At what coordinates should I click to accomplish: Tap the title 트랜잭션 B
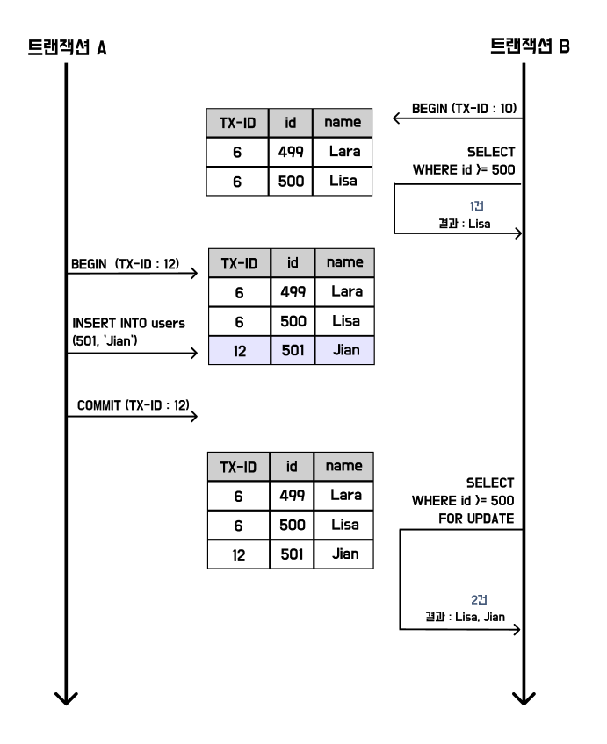[530, 46]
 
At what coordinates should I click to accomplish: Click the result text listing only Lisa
[465, 224]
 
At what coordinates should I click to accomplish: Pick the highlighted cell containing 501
[292, 352]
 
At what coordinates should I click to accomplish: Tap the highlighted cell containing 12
[238, 352]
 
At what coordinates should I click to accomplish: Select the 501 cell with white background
[292, 555]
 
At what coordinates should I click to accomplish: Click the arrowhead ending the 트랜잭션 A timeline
[66, 698]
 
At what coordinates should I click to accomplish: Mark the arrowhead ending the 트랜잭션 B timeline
[524, 698]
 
